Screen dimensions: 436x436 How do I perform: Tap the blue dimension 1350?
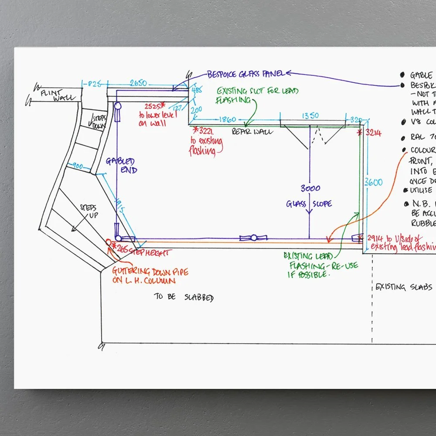(310, 116)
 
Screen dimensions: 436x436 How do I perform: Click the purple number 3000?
(310, 188)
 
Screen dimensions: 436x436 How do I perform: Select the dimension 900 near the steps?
(78, 166)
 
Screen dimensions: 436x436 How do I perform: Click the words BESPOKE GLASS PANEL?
(246, 74)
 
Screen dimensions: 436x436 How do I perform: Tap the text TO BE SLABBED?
(184, 297)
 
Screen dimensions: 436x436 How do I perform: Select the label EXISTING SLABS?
(404, 287)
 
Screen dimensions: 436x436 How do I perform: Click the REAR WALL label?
(252, 131)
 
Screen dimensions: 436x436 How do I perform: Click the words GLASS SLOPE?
(309, 204)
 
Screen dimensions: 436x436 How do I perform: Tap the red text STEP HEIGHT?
(149, 252)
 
